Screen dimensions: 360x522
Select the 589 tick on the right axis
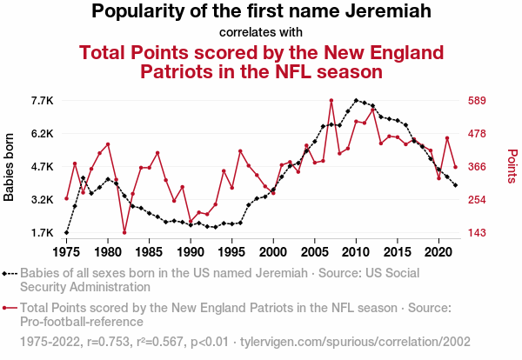[475, 101]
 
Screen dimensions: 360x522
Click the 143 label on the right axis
[475, 233]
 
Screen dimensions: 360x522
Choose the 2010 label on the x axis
[356, 252]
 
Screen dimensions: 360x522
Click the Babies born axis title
[10, 167]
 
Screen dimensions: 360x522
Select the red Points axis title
[512, 167]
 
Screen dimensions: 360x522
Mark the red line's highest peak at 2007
[331, 101]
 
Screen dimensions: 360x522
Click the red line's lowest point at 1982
[124, 232]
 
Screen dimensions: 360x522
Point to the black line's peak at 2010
[356, 101]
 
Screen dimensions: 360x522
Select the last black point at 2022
[455, 184]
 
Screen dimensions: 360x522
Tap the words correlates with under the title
[261, 33]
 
